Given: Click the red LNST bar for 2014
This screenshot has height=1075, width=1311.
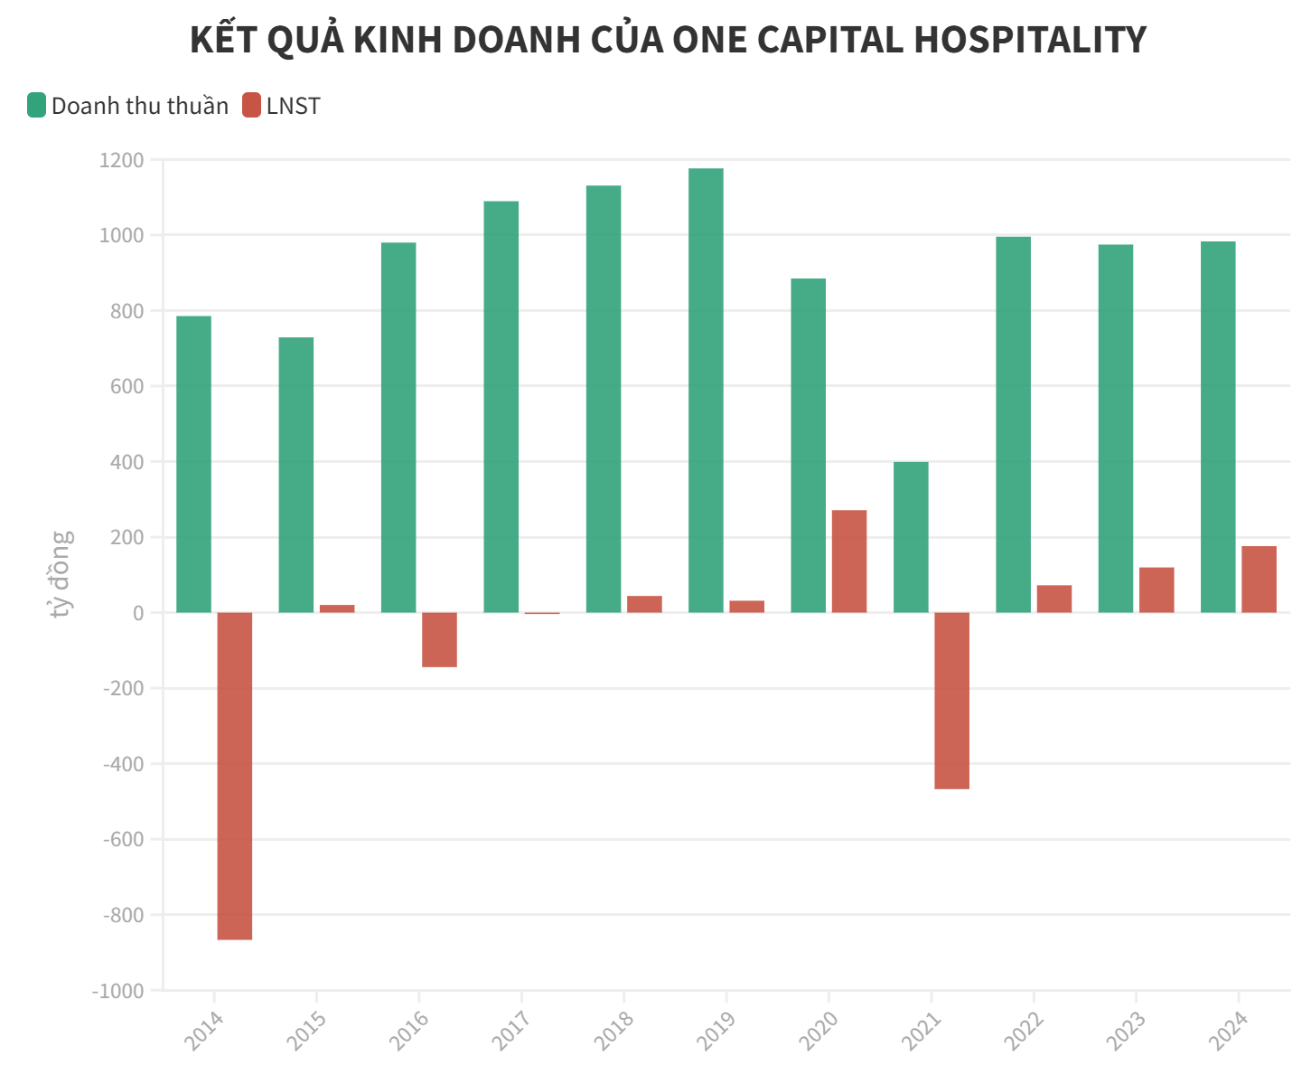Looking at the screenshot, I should (x=235, y=776).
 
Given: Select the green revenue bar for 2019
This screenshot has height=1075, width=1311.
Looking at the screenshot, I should (x=706, y=391).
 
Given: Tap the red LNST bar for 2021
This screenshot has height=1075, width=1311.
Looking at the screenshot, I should (x=951, y=701).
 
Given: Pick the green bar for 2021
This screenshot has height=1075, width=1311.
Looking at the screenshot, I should (x=911, y=537).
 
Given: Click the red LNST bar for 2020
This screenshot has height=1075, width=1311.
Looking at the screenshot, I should (x=849, y=561).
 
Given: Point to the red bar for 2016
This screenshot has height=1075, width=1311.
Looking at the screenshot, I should (x=439, y=639).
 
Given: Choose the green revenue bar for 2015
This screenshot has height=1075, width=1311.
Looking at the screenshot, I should (x=296, y=475).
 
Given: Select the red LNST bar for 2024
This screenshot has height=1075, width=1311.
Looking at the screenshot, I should (x=1259, y=580).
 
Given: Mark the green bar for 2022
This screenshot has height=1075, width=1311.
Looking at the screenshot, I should (x=1013, y=425).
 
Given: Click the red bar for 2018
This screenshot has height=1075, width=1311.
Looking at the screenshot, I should (x=644, y=604).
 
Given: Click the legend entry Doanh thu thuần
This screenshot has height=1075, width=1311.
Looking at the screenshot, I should (x=128, y=106).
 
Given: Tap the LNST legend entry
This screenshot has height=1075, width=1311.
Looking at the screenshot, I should (x=282, y=106).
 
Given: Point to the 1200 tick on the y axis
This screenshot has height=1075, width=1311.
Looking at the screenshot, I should (x=122, y=160).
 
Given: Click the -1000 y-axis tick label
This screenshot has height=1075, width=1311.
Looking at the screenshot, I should (x=117, y=990).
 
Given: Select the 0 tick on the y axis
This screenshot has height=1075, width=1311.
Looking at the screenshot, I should (x=137, y=613).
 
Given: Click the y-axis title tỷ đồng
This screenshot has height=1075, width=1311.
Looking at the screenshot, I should (x=61, y=574).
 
